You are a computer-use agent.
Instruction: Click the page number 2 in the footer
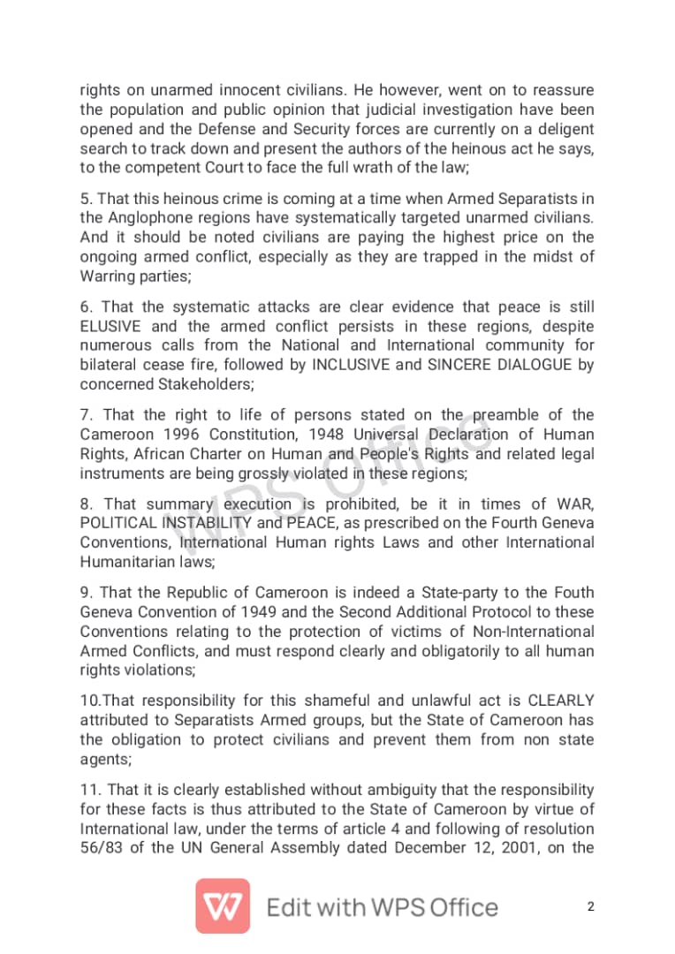coord(590,907)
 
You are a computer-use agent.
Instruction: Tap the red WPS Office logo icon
coord(223,906)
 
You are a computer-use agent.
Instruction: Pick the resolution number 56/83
coord(103,849)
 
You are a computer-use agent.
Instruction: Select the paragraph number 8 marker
coord(86,504)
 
